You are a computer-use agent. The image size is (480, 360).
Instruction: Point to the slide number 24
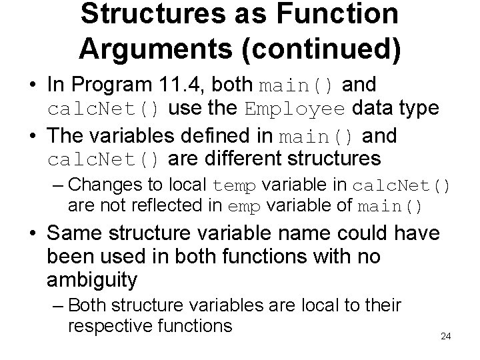tap(446, 336)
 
